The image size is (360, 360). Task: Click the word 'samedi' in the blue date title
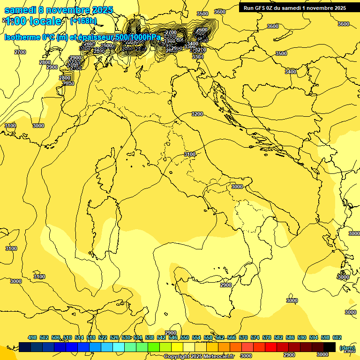(20, 10)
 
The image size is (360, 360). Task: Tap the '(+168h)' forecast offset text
(83, 21)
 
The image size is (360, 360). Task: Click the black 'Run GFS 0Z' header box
(295, 7)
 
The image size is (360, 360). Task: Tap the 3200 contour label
(197, 114)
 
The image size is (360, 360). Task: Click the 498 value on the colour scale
(32, 337)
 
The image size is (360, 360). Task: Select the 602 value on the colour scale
(337, 337)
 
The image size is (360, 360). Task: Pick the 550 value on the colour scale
(185, 337)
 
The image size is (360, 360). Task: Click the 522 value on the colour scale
(103, 337)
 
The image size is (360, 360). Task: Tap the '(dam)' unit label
(347, 348)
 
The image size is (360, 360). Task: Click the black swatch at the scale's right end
(330, 347)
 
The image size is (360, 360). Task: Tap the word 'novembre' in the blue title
(71, 10)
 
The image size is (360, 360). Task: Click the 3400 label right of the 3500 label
(291, 72)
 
